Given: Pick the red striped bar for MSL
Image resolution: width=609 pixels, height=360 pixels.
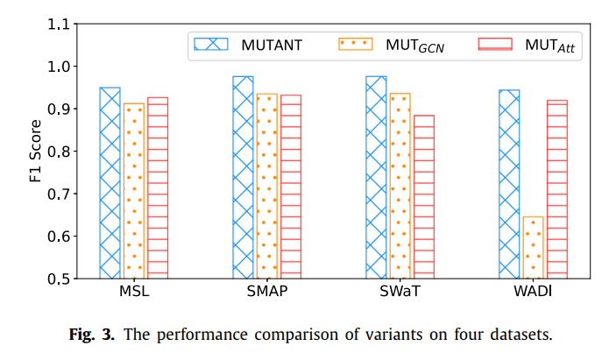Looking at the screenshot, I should [x=158, y=187].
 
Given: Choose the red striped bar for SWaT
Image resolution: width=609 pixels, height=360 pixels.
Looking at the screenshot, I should [x=423, y=196].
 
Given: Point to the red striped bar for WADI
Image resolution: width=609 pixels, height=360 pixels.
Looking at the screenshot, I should [x=556, y=189].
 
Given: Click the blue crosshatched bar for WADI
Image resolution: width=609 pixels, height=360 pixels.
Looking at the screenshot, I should [x=509, y=184].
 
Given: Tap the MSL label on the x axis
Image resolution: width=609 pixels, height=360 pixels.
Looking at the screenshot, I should [x=133, y=292].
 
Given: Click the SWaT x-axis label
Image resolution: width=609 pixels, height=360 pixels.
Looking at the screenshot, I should [x=400, y=292].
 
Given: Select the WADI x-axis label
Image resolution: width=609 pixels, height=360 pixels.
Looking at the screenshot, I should [x=533, y=292].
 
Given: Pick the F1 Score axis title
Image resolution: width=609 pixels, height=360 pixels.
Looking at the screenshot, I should [x=34, y=151].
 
